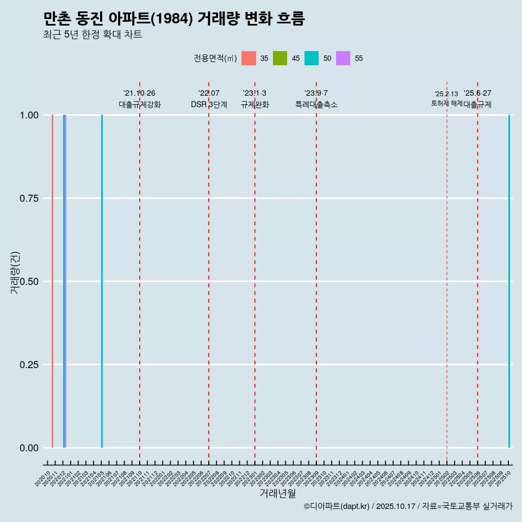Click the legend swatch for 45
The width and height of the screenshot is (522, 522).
(x=280, y=58)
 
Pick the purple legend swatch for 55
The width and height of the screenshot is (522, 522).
(x=343, y=58)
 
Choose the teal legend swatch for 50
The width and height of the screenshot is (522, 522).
(x=312, y=58)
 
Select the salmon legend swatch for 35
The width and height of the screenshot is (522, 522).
(x=248, y=58)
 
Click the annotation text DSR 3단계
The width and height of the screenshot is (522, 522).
(x=209, y=104)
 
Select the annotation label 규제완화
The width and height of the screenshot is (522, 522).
(x=255, y=104)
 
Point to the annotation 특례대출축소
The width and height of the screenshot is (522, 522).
(x=316, y=104)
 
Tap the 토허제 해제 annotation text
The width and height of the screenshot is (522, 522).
(x=446, y=103)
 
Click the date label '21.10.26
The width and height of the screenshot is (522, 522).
(x=139, y=93)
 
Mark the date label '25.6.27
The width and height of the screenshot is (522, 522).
(x=477, y=93)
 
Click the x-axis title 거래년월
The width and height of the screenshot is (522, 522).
(x=277, y=493)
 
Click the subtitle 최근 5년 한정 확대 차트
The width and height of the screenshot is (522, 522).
(x=92, y=35)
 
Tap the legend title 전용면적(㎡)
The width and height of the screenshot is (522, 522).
(x=215, y=58)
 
